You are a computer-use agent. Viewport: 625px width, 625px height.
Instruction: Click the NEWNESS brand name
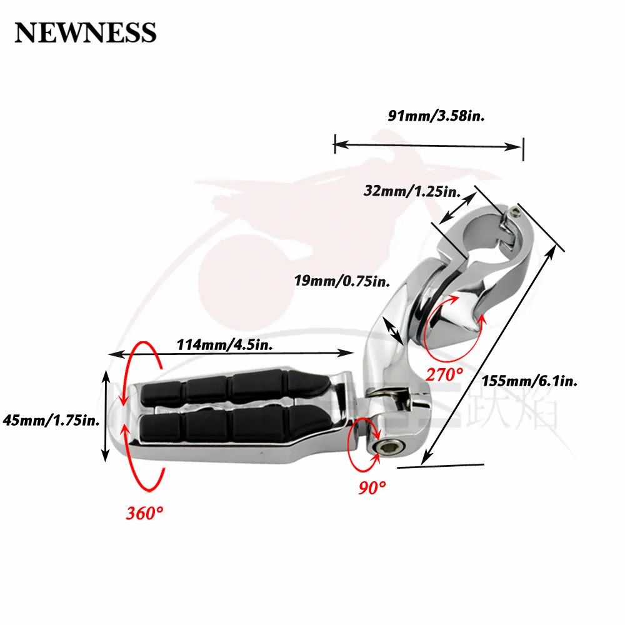pos(85,31)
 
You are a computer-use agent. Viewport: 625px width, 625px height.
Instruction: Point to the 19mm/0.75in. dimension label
pos(342,281)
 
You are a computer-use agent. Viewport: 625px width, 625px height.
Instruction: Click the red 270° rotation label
pos(445,374)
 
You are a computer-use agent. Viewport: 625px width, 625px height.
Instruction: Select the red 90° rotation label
pos(372,486)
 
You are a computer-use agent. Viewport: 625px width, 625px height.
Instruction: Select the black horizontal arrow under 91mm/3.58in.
pos(428,146)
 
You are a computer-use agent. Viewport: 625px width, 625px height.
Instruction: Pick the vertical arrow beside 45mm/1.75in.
pos(106,414)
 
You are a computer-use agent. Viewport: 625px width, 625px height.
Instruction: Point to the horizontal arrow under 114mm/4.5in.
pos(231,354)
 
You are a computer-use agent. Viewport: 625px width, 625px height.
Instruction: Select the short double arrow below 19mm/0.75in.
pos(393,330)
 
